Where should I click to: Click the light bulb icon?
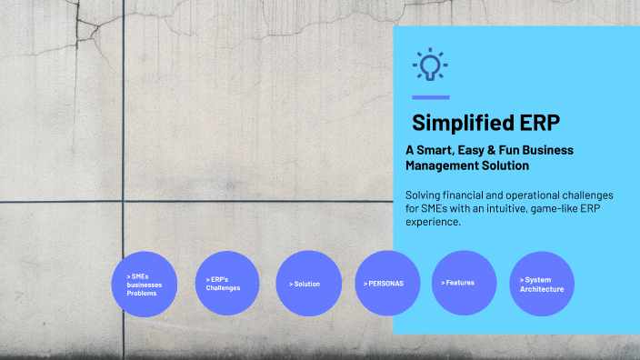point(430,65)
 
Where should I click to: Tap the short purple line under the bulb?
point(430,97)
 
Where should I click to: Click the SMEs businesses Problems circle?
point(144,284)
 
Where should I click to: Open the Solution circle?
point(307,284)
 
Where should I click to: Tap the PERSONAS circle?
point(385,284)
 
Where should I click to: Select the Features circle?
point(465,283)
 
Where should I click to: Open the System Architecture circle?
point(542,284)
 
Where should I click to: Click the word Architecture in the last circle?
point(542,289)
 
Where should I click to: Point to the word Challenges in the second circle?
point(224,288)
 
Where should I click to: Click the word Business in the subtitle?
point(548,150)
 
